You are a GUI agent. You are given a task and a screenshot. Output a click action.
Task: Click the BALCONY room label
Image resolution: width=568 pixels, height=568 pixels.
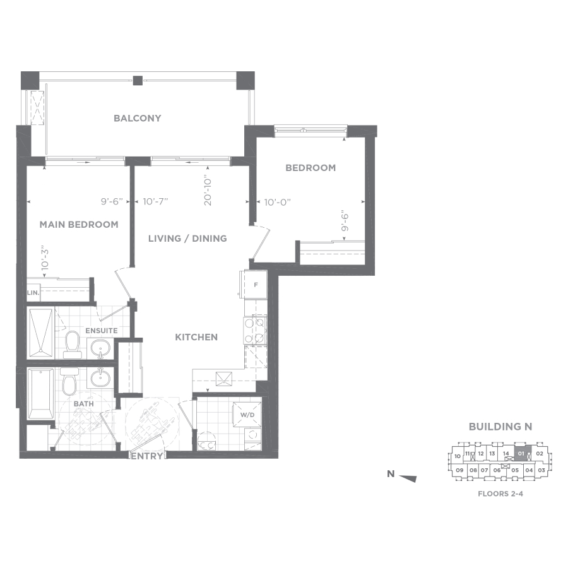138,118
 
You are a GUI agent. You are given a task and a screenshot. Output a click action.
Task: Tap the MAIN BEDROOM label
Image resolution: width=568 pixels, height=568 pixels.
79,225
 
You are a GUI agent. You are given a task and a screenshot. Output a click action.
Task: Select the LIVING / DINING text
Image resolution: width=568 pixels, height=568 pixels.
187,239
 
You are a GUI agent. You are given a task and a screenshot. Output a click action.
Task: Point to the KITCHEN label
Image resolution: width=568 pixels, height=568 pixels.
196,337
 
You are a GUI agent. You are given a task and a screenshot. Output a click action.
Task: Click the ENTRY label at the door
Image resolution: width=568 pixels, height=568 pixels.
146,456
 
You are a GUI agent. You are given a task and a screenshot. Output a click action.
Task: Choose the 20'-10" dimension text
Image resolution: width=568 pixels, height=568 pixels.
208,192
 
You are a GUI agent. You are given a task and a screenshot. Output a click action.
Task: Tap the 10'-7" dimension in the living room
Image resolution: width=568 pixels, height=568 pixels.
155,201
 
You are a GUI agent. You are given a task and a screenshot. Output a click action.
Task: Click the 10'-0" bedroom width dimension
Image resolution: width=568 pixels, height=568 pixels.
278,202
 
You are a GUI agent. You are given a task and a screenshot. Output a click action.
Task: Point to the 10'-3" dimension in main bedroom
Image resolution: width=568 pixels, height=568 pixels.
45,260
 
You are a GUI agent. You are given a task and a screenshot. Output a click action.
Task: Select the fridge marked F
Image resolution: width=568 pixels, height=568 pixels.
256,285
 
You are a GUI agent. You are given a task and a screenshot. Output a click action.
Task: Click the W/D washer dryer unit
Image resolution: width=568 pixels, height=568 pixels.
247,415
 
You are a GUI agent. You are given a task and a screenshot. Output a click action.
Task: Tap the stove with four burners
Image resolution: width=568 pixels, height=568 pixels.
255,330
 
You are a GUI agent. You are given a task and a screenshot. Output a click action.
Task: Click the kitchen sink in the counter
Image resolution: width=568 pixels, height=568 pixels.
224,379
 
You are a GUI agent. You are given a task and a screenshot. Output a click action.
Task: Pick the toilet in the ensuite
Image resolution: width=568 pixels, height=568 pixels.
72,345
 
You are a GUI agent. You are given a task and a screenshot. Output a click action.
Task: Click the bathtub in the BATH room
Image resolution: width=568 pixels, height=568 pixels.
41,394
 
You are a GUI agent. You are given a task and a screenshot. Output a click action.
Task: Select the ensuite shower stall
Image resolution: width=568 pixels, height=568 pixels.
41,333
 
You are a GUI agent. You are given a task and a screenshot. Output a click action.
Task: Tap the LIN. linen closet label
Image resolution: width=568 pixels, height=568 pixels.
33,293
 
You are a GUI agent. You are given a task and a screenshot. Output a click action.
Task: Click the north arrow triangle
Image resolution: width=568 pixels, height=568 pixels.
408,478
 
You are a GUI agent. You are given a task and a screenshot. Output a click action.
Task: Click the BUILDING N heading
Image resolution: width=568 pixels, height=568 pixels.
500,427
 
